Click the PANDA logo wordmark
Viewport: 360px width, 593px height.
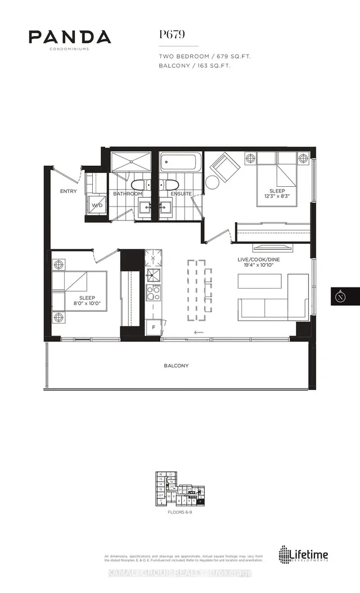point(70,37)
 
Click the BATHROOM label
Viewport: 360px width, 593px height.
point(127,194)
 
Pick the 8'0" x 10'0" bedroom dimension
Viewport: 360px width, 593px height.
point(79,304)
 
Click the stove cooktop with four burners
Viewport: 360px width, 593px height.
point(153,293)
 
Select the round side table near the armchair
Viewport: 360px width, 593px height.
point(213,182)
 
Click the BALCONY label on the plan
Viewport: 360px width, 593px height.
point(176,366)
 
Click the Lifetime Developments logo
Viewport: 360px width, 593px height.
point(304,555)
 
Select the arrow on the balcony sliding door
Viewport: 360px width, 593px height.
point(199,333)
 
